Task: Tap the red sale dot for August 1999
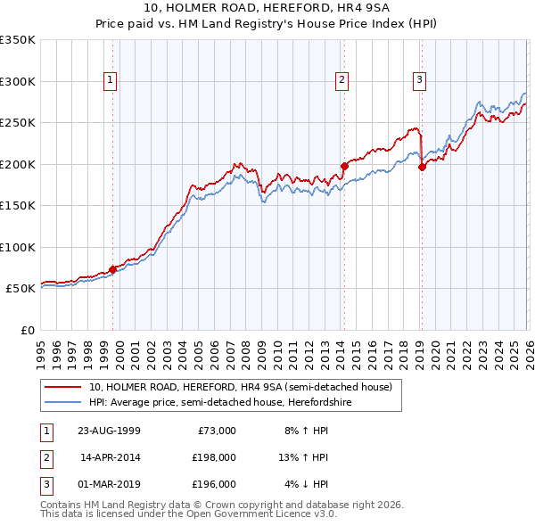click(x=113, y=268)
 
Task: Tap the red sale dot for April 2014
click(x=343, y=165)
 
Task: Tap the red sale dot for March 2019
click(x=422, y=167)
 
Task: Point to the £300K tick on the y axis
click(x=18, y=81)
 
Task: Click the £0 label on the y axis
click(x=27, y=330)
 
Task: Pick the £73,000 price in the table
click(x=216, y=431)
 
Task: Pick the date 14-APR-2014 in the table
click(x=110, y=457)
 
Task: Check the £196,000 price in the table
click(x=214, y=484)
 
